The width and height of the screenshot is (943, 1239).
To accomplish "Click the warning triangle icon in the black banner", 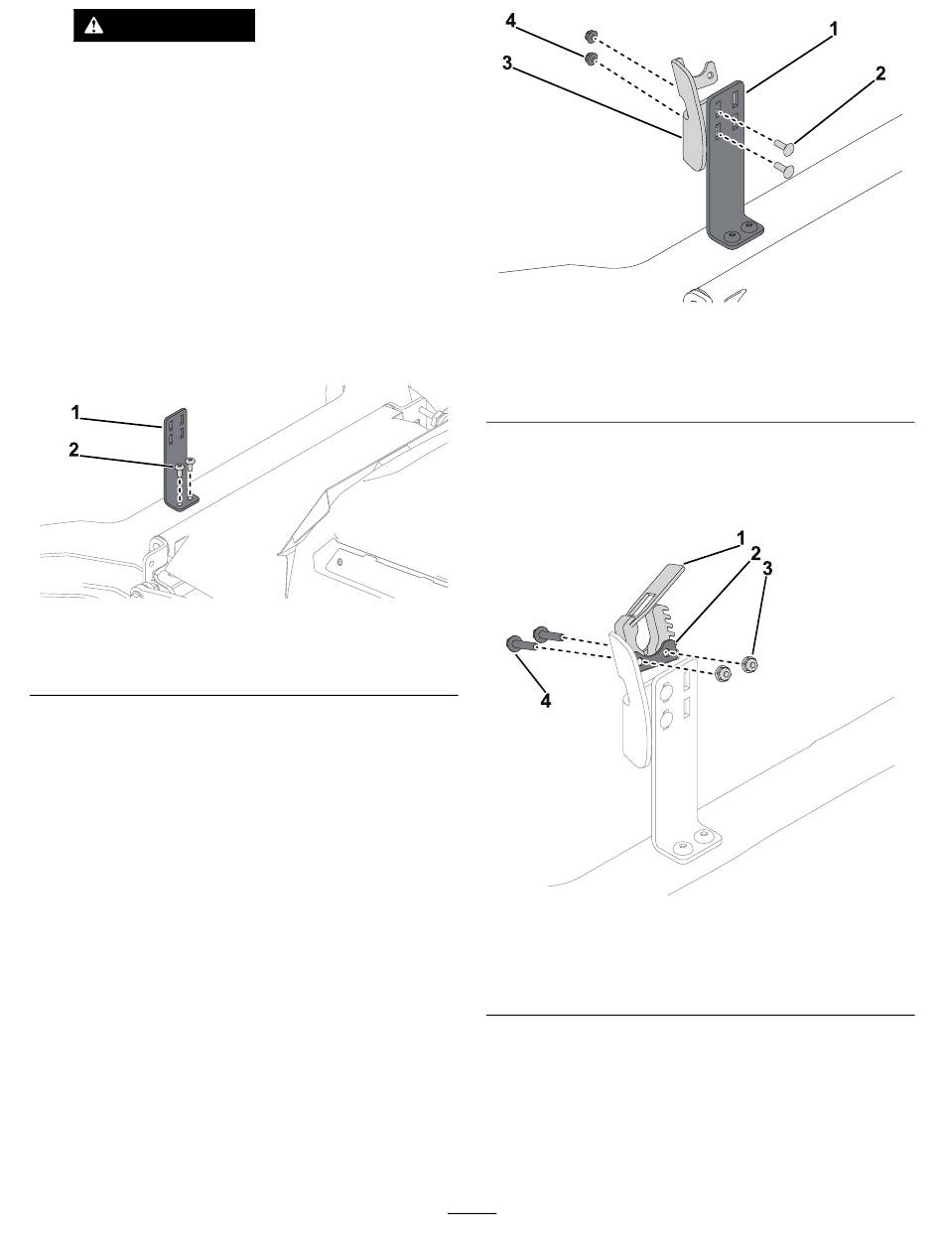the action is (x=94, y=26).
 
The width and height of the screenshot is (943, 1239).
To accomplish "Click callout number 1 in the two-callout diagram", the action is (x=74, y=410).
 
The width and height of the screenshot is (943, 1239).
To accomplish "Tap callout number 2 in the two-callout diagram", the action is (x=73, y=450).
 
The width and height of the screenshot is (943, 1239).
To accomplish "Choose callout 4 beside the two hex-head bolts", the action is (x=545, y=700).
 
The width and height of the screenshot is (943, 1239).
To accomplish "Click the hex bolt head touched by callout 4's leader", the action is (x=514, y=645).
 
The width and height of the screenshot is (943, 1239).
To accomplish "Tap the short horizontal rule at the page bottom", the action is (x=471, y=1213).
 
